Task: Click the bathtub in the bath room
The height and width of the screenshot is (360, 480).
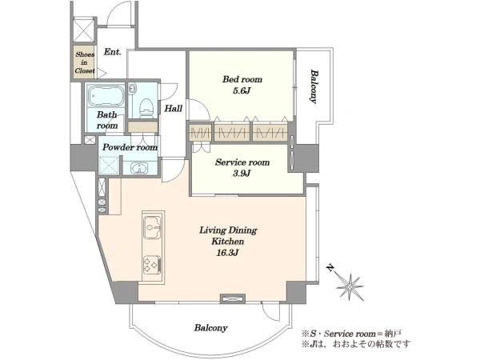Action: (x=106, y=95)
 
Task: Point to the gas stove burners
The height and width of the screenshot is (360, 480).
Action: (x=152, y=264)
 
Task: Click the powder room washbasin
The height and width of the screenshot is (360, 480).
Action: (x=139, y=168)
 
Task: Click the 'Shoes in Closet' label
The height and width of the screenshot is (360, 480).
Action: (x=85, y=62)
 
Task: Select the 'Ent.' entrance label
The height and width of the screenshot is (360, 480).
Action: (x=112, y=52)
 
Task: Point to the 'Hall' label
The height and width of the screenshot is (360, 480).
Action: (x=174, y=108)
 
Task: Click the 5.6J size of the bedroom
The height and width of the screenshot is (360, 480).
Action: (x=242, y=90)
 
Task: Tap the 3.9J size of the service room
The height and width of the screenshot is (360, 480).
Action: (x=242, y=174)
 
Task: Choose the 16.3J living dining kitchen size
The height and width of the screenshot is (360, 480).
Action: (x=227, y=253)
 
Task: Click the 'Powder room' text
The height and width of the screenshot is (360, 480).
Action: (x=130, y=147)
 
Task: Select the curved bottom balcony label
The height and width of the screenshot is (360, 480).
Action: (x=210, y=328)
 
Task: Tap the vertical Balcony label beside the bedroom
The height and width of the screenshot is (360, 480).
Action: (x=314, y=86)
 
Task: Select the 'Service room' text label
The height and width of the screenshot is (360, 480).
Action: (x=242, y=162)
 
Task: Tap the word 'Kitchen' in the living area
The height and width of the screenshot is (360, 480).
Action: (x=228, y=242)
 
